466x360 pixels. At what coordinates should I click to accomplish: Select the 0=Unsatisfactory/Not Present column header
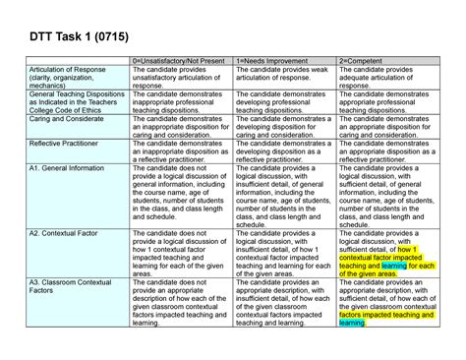(x=181, y=61)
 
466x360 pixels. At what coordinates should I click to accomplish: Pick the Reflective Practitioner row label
(x=69, y=144)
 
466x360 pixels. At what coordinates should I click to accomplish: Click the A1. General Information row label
(x=69, y=168)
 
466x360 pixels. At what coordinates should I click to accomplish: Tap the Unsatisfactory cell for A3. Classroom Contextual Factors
(x=181, y=306)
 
